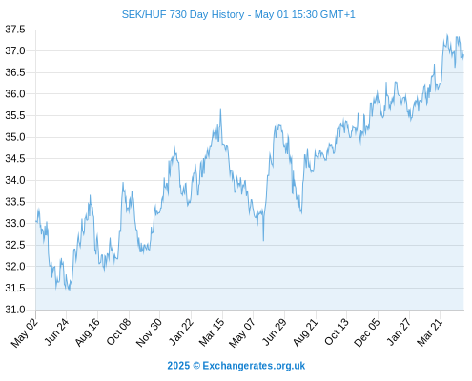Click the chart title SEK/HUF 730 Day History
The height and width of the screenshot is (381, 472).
[183, 14]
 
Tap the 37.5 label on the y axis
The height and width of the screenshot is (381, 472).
[15, 30]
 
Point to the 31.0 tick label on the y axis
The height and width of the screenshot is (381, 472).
[15, 310]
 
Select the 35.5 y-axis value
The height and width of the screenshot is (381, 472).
[15, 115]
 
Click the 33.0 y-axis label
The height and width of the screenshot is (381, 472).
[15, 223]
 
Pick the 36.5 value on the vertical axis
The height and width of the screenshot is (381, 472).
[15, 72]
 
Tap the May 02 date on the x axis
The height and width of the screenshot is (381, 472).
[25, 332]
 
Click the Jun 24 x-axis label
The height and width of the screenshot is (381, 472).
[56, 332]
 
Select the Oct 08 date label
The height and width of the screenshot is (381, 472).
[118, 332]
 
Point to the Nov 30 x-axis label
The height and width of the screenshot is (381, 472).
[149, 332]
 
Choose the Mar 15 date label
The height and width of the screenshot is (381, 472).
[212, 332]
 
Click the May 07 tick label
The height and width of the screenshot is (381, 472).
[242, 332]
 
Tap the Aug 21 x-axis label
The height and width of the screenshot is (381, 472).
[305, 332]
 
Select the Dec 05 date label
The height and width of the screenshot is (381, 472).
[367, 332]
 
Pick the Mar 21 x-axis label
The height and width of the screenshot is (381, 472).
[430, 332]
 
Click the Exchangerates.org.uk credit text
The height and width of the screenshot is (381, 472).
[254, 366]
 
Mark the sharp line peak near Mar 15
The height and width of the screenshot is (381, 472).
[220, 109]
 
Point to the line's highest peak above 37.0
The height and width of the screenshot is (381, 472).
[447, 34]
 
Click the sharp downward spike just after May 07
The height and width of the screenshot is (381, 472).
[263, 240]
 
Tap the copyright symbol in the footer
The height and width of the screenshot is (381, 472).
[196, 366]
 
